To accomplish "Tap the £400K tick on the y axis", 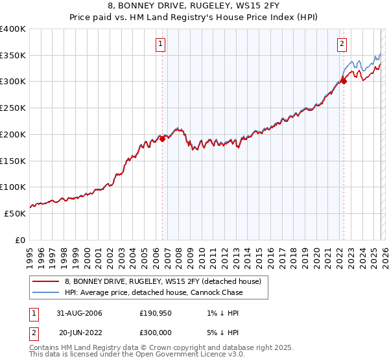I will coord(13,29).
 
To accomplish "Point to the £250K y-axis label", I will coord(13,108).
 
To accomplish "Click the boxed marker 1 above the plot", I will coord(160,44).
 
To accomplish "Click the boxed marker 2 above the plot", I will coord(342,44).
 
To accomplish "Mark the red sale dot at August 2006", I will coord(163,139).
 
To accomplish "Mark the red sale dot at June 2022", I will coord(344,81).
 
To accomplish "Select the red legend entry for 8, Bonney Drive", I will coord(162,281).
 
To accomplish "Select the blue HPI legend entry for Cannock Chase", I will coord(154,292).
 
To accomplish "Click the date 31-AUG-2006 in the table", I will coord(80,313).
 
